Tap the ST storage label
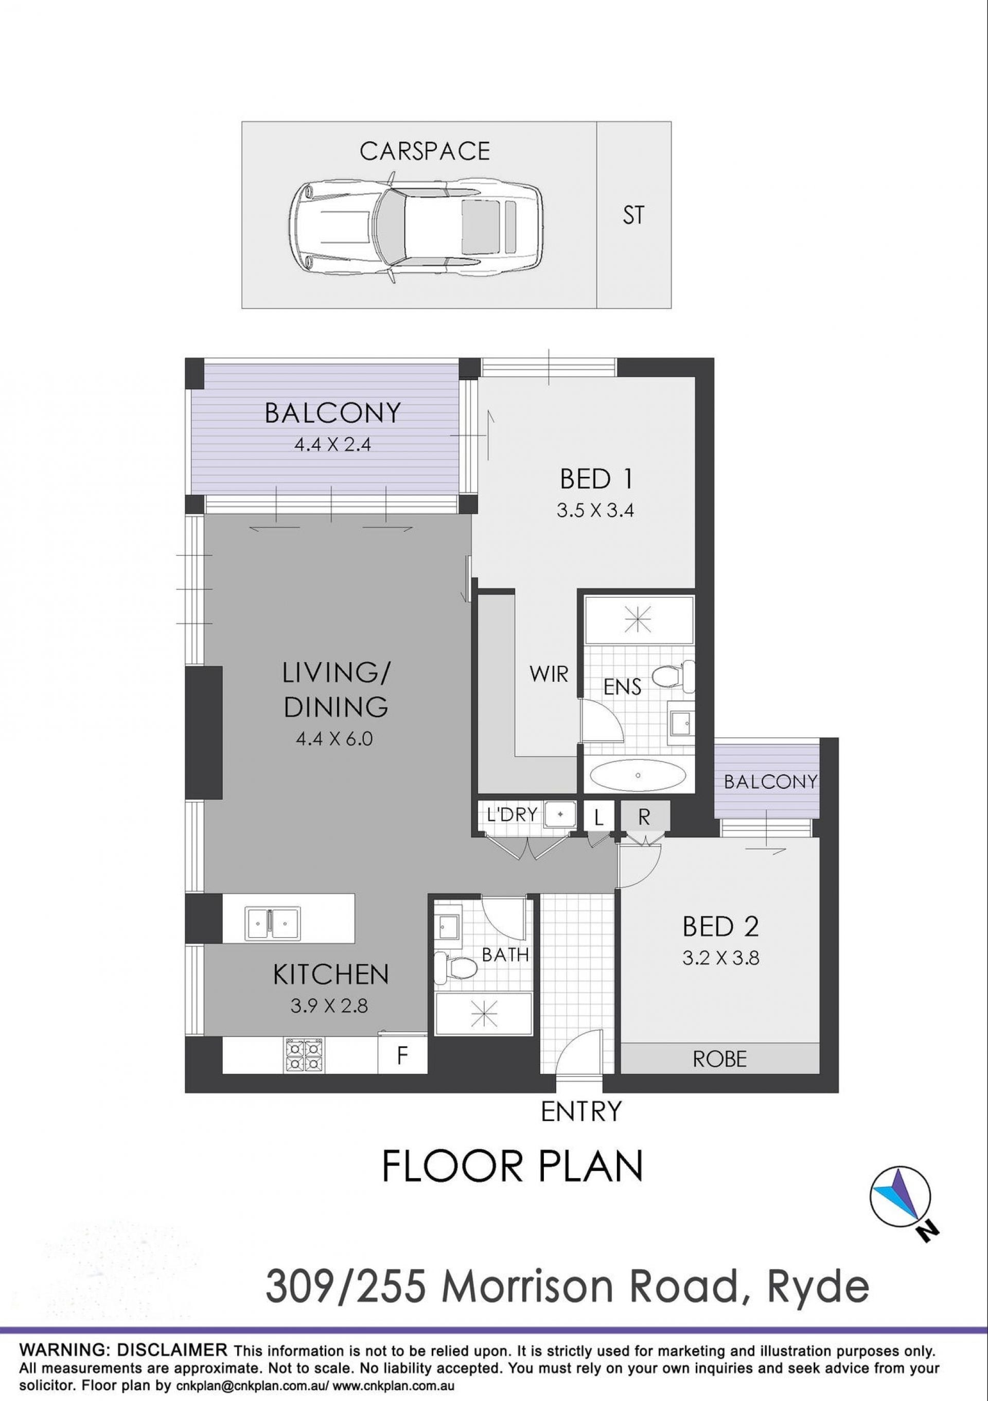pos(633,215)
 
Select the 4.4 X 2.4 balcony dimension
pos(332,444)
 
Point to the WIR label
pos(549,674)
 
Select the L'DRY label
pos(513,814)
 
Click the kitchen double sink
pos(272,923)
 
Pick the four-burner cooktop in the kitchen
pos(302,1055)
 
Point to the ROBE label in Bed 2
pos(720,1059)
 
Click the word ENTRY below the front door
pos(581,1111)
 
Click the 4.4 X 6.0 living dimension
pos(333,739)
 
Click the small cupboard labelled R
pos(645,818)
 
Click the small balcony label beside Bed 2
pos(770,782)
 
